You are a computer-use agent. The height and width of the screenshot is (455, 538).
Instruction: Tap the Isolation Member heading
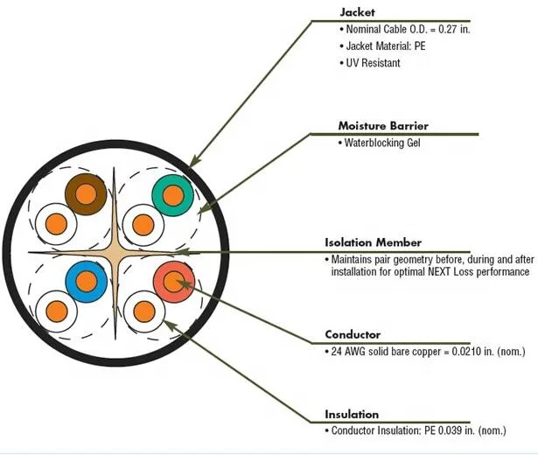(x=374, y=242)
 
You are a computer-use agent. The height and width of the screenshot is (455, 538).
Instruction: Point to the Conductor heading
(x=353, y=334)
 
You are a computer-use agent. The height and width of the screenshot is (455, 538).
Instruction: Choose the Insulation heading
(x=352, y=414)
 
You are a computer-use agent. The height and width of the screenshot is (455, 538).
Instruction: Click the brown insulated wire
(x=86, y=192)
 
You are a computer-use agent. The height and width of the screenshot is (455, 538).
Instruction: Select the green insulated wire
(x=171, y=194)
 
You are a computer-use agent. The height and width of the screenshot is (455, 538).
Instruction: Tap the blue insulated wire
(x=86, y=281)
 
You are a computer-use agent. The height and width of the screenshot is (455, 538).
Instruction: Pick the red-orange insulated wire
(x=173, y=281)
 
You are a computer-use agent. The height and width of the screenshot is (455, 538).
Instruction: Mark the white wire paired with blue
(x=55, y=309)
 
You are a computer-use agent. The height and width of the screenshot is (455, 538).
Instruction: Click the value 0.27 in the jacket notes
(x=434, y=31)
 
